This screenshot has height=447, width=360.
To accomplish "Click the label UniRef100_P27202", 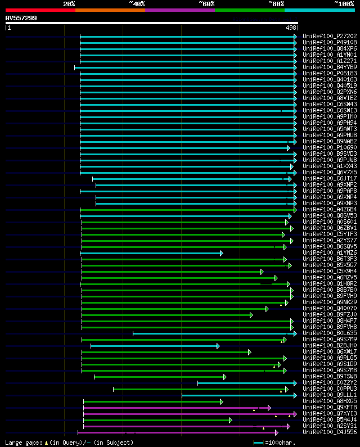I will coord(329,36).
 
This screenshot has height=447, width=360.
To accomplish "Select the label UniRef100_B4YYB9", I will coord(329,67).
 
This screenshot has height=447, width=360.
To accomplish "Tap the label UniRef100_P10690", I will coord(329,147).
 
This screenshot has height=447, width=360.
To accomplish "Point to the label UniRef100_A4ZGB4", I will coord(329,209).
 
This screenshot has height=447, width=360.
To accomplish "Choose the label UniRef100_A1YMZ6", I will coord(329,252).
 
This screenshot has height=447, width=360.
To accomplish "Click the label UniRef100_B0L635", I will coord(329,333).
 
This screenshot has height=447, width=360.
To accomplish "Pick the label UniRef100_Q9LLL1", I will coord(329,395).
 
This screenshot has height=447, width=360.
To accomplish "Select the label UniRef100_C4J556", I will coord(329,432).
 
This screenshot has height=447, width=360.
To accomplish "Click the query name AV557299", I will coord(21,18).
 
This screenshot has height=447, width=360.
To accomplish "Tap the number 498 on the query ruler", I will coord(291,28).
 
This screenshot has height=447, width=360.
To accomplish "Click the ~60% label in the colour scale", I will coord(206,3).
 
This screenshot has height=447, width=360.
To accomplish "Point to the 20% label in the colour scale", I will coord(69,3).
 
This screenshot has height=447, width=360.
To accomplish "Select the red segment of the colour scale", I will coord(40,10).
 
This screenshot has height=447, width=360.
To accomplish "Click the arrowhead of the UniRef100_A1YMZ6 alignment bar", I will coord(222,253).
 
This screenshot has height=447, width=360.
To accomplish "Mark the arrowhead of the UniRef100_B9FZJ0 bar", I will coord(251,315).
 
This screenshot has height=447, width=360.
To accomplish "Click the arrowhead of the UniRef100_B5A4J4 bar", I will coord(230,420).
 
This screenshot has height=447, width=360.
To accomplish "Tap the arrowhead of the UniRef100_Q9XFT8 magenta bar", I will coord(269,408).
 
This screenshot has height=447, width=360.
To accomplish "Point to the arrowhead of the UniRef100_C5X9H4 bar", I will coord(262,272).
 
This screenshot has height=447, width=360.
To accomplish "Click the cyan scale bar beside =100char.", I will coord(259,443).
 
